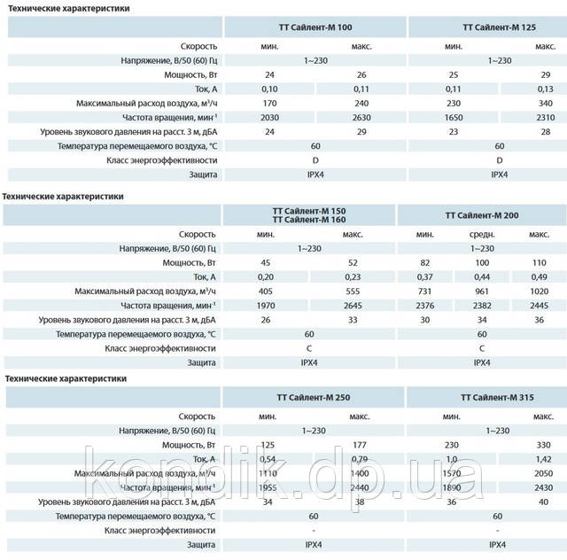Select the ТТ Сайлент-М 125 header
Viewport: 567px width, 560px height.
[x=500, y=27]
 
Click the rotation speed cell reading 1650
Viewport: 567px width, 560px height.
[x=454, y=116]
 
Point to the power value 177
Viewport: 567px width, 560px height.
[x=359, y=444]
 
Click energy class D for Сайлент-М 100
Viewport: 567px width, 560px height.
[x=316, y=159]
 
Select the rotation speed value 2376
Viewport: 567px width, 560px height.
[x=426, y=305]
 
